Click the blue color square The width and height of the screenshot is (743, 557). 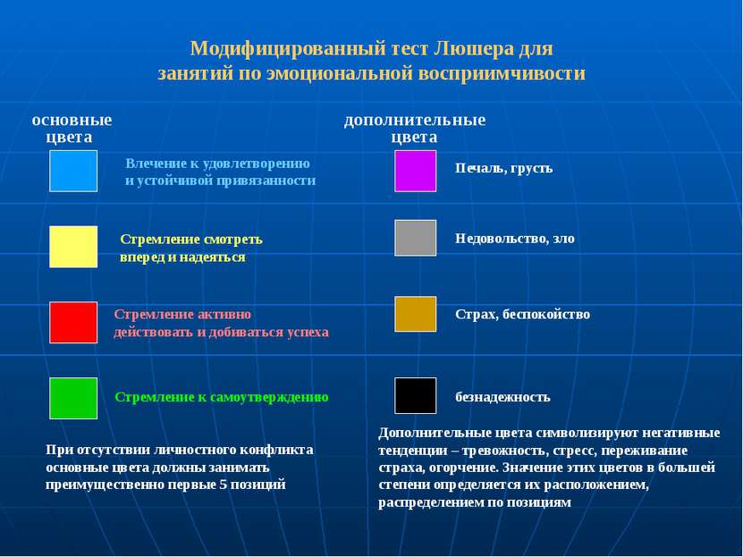(x=73, y=171)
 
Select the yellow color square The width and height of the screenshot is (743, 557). (x=73, y=247)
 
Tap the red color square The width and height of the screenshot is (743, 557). (x=73, y=323)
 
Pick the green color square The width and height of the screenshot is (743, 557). (x=73, y=399)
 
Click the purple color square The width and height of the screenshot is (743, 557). (x=416, y=171)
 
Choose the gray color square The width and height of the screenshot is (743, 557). (x=416, y=238)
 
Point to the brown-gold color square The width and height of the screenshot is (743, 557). (x=416, y=314)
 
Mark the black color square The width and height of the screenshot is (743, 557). (x=416, y=395)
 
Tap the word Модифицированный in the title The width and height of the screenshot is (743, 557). (x=289, y=49)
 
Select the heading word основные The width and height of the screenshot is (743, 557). (x=72, y=121)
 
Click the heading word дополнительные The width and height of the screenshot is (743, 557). (x=415, y=121)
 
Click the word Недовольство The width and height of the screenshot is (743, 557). (x=502, y=238)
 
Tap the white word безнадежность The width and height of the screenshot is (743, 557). (x=502, y=397)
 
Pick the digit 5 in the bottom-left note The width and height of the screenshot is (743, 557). (x=224, y=485)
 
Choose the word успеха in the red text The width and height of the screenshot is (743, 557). (x=308, y=333)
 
